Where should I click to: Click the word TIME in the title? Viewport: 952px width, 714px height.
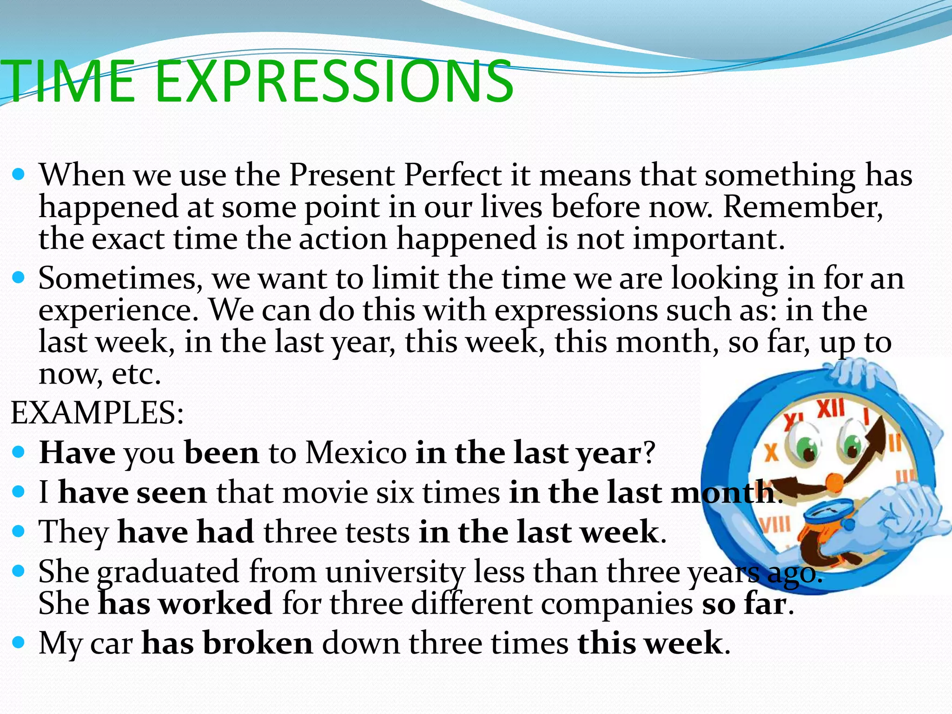pyautogui.click(x=70, y=83)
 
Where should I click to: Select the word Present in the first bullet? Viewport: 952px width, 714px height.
pyautogui.click(x=342, y=176)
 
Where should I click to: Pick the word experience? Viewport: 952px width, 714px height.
pyautogui.click(x=118, y=311)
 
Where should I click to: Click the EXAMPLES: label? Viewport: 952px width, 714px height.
pyautogui.click(x=97, y=413)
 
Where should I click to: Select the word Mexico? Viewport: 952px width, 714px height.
pyautogui.click(x=356, y=452)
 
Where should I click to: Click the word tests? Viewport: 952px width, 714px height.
pyautogui.click(x=377, y=532)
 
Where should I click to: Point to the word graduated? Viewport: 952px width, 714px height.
pyautogui.click(x=168, y=572)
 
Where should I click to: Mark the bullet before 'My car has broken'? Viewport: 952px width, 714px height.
pyautogui.click(x=19, y=642)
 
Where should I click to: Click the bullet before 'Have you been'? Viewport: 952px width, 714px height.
pyautogui.click(x=19, y=451)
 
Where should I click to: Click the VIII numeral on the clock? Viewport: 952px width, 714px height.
pyautogui.click(x=775, y=524)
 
